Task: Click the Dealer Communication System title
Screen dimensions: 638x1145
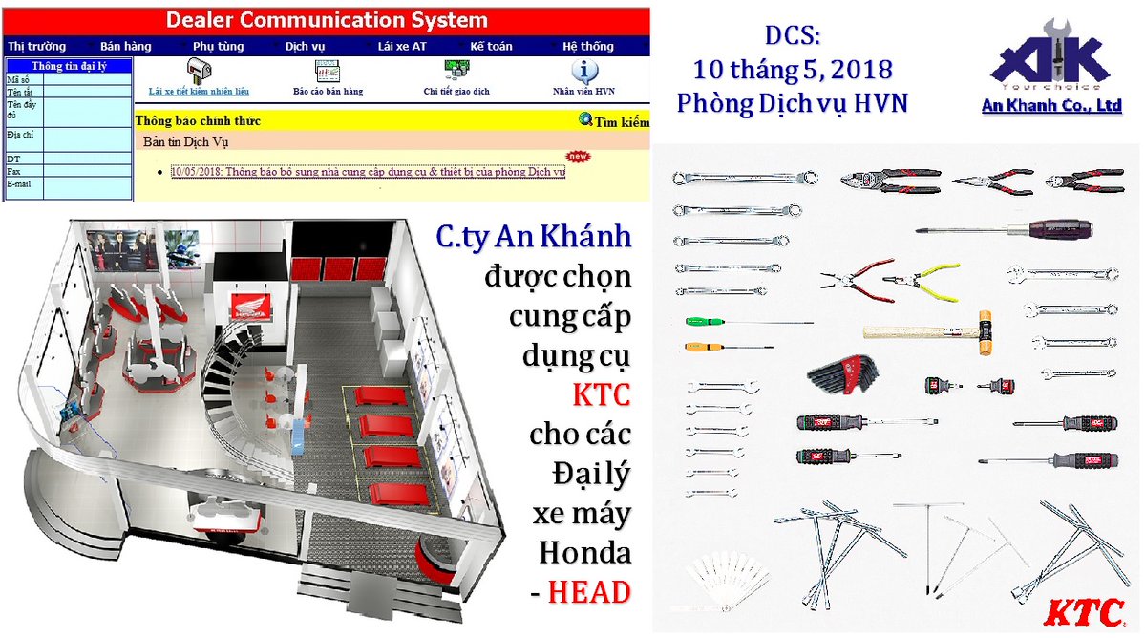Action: (326, 20)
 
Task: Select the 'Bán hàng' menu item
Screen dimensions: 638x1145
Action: (125, 46)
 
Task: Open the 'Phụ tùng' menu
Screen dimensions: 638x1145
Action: (218, 46)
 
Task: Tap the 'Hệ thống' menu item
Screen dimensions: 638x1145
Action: (588, 46)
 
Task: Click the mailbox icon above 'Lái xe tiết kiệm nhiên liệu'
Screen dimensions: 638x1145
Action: (199, 70)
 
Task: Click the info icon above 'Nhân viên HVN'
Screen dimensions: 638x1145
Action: (583, 72)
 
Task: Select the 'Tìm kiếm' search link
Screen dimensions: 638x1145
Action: (614, 121)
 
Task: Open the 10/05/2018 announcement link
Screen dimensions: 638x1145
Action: (368, 172)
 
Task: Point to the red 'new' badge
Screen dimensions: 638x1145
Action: (578, 156)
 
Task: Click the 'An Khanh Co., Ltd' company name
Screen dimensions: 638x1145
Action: (1051, 106)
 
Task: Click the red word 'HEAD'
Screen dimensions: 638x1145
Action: (588, 592)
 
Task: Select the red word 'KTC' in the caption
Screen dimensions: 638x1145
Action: (601, 394)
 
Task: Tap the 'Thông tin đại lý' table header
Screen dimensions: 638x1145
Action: (69, 66)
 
